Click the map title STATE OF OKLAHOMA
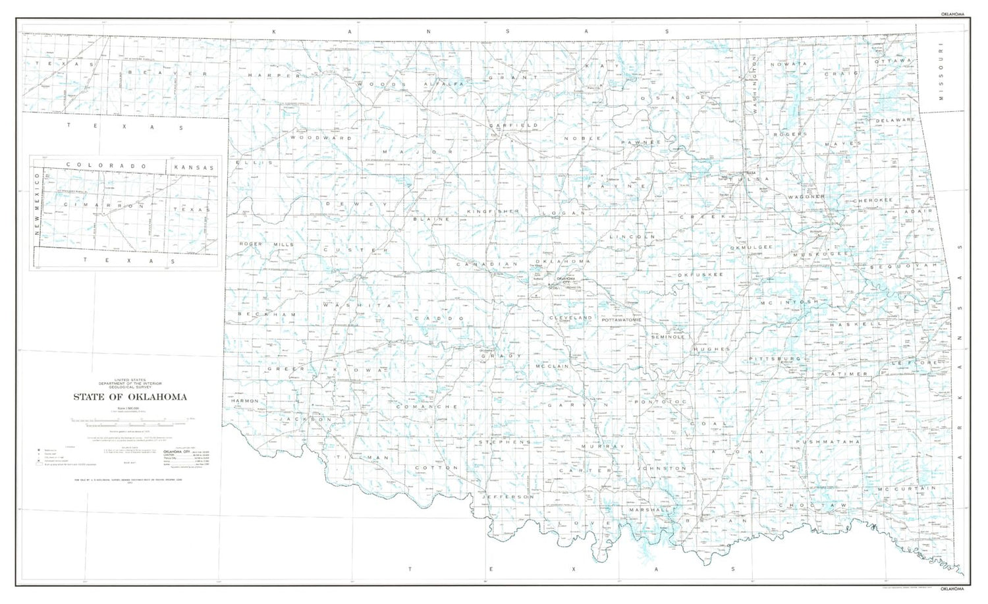click(130, 397)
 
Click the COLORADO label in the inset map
click(105, 165)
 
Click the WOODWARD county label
click(321, 138)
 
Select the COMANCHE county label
click(427, 407)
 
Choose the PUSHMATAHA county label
click(827, 441)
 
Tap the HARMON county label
click(244, 400)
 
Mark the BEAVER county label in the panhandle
click(167, 73)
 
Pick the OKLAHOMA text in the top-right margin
click(952, 14)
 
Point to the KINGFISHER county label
click(493, 211)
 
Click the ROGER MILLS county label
click(266, 244)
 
